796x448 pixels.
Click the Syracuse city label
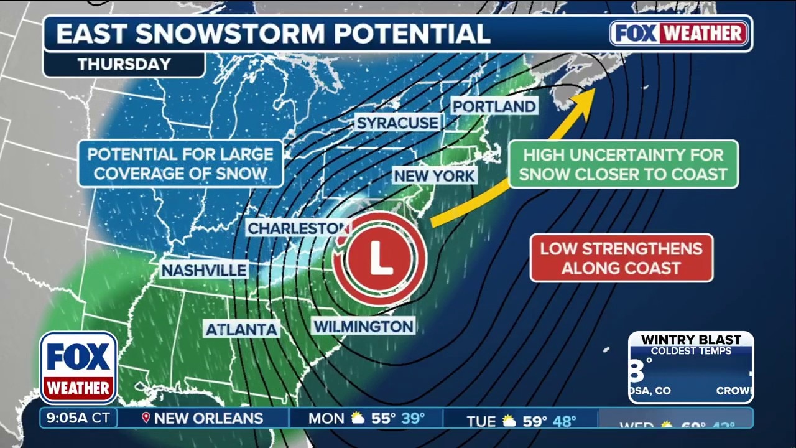pyautogui.click(x=397, y=123)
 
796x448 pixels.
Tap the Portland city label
pyautogui.click(x=494, y=106)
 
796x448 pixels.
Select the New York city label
pyautogui.click(x=434, y=175)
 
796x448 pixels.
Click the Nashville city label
pyautogui.click(x=204, y=270)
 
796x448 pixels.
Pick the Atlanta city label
pyautogui.click(x=241, y=329)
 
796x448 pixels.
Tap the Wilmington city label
pyautogui.click(x=363, y=326)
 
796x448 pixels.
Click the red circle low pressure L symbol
pyautogui.click(x=380, y=258)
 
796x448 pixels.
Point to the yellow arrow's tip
pyautogui.click(x=593, y=91)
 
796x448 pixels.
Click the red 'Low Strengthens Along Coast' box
pyautogui.click(x=621, y=258)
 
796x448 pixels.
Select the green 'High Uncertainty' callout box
pyautogui.click(x=623, y=164)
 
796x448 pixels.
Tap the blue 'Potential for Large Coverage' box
pyautogui.click(x=180, y=164)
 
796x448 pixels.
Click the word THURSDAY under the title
pyautogui.click(x=124, y=64)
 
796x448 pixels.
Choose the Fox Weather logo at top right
pyautogui.click(x=680, y=34)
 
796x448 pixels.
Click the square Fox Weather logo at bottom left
pyautogui.click(x=78, y=368)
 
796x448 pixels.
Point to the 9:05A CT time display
pyautogui.click(x=78, y=418)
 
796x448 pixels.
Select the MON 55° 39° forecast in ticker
pyautogui.click(x=367, y=418)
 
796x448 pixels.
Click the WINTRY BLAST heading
pyautogui.click(x=691, y=340)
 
